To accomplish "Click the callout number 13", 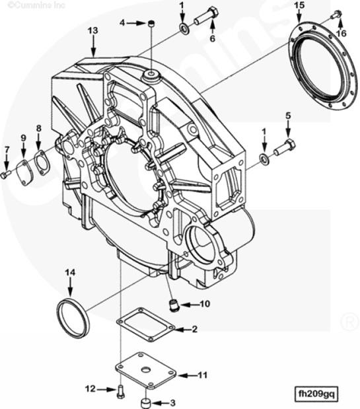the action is click(x=92, y=30).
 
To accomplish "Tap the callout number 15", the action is click(x=299, y=5).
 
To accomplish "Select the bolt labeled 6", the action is click(x=207, y=15).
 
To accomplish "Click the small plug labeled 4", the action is click(x=151, y=24).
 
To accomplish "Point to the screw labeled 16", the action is click(x=336, y=14).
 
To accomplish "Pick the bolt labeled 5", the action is click(x=285, y=147).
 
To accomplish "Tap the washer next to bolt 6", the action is click(x=184, y=28).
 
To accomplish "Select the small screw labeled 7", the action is click(x=5, y=174).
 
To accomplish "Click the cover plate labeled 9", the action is click(x=24, y=170).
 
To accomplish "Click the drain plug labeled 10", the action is click(x=172, y=305).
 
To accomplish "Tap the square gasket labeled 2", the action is click(x=145, y=324).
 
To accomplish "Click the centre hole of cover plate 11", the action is click(x=146, y=370).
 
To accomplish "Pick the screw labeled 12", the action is click(x=120, y=391).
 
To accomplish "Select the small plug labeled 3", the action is click(x=145, y=402).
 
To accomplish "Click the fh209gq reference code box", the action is click(x=316, y=393).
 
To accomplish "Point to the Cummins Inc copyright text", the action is click(x=36, y=5).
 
